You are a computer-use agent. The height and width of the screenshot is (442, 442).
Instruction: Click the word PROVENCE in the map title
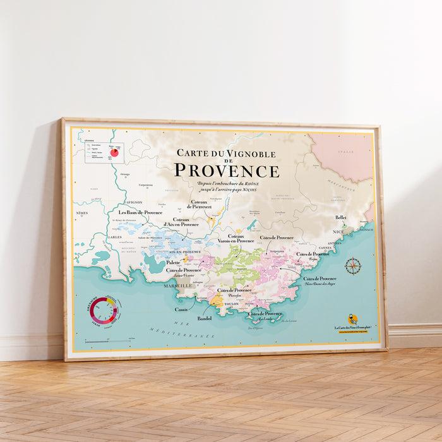pos(226,170)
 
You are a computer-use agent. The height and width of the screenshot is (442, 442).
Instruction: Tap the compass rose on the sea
pos(353,265)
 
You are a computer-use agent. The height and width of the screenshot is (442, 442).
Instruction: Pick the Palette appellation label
pos(174,262)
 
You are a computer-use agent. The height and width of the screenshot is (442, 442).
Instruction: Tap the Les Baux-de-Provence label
pos(140,213)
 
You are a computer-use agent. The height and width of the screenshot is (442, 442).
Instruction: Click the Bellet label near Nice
pos(341,218)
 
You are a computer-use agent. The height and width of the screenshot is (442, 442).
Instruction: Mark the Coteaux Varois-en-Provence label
pos(236,238)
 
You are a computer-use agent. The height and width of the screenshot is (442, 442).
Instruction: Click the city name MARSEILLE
pos(178,286)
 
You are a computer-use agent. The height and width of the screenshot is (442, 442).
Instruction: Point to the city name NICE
pos(339,232)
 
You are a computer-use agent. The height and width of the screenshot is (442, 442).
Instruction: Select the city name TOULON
pos(231,304)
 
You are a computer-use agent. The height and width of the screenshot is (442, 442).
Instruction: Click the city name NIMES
pos(81,213)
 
